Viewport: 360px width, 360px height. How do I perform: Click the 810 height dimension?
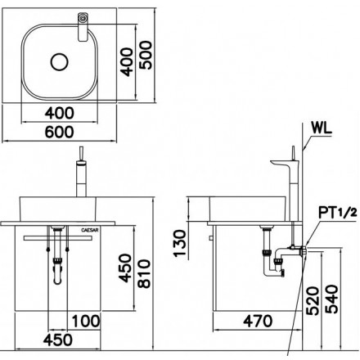(146, 271)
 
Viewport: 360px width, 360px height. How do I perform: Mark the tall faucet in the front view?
(82, 175)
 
